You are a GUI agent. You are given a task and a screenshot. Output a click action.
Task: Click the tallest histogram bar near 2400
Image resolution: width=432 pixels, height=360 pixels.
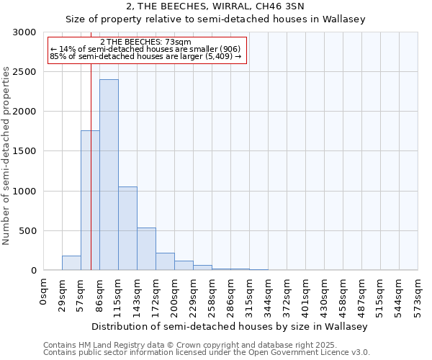[109, 175]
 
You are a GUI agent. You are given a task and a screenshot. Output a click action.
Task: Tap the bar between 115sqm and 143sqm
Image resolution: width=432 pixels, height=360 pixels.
[127, 228]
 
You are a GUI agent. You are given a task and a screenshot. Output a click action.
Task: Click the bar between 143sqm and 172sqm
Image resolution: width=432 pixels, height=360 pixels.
[146, 249]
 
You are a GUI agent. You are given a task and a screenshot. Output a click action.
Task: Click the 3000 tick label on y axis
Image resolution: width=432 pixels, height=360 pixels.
[25, 32]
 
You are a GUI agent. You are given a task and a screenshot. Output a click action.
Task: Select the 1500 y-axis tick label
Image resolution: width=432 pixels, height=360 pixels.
[25, 151]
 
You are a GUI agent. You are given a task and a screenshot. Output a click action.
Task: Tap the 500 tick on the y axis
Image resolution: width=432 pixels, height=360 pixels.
[28, 231]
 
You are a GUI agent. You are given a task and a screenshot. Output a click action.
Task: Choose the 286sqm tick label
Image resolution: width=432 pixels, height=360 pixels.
[230, 294]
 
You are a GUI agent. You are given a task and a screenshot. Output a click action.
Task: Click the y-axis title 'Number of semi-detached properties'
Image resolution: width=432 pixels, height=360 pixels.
[7, 156]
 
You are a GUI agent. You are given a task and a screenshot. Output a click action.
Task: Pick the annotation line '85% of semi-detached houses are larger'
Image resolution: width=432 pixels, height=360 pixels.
[146, 56]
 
